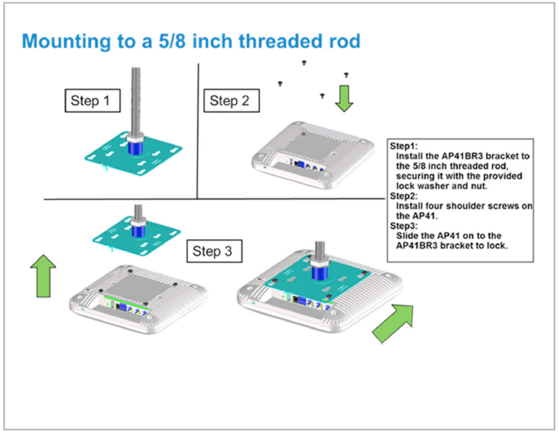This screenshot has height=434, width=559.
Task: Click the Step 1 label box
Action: [x=90, y=100]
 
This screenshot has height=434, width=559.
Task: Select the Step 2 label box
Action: [x=229, y=100]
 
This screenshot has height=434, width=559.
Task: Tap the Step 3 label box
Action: [x=213, y=252]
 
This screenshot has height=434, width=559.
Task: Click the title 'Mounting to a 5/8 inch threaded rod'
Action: [x=191, y=42]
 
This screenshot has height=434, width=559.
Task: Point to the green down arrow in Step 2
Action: [x=344, y=98]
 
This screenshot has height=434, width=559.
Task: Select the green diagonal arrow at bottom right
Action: [x=392, y=323]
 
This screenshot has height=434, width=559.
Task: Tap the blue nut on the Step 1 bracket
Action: [x=135, y=146]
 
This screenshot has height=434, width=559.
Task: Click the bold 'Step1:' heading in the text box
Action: [x=403, y=146]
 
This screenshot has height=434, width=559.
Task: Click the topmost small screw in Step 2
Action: [x=304, y=63]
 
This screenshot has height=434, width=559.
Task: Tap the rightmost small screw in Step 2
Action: [x=346, y=75]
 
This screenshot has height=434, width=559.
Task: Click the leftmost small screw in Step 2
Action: [x=279, y=84]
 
